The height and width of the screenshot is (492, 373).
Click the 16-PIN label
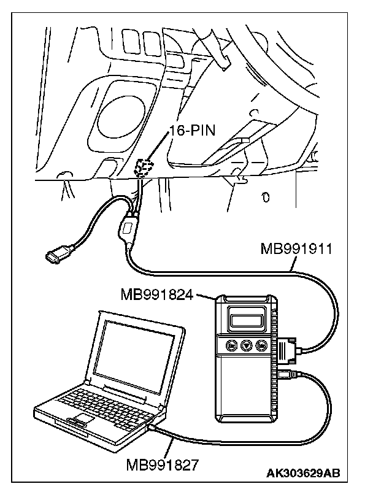pos(192,130)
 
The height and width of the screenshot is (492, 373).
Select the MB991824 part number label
pos(157,294)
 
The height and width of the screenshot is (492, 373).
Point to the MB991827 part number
pos(163,465)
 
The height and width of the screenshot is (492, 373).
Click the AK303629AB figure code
pos(303,473)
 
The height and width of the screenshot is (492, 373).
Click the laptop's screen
pos(134,355)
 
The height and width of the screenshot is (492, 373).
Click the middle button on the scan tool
pos(246,345)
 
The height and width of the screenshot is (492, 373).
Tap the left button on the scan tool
pos(231,345)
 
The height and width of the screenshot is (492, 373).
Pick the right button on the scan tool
pos(261,345)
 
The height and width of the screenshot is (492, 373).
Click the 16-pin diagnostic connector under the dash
pos(144,168)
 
